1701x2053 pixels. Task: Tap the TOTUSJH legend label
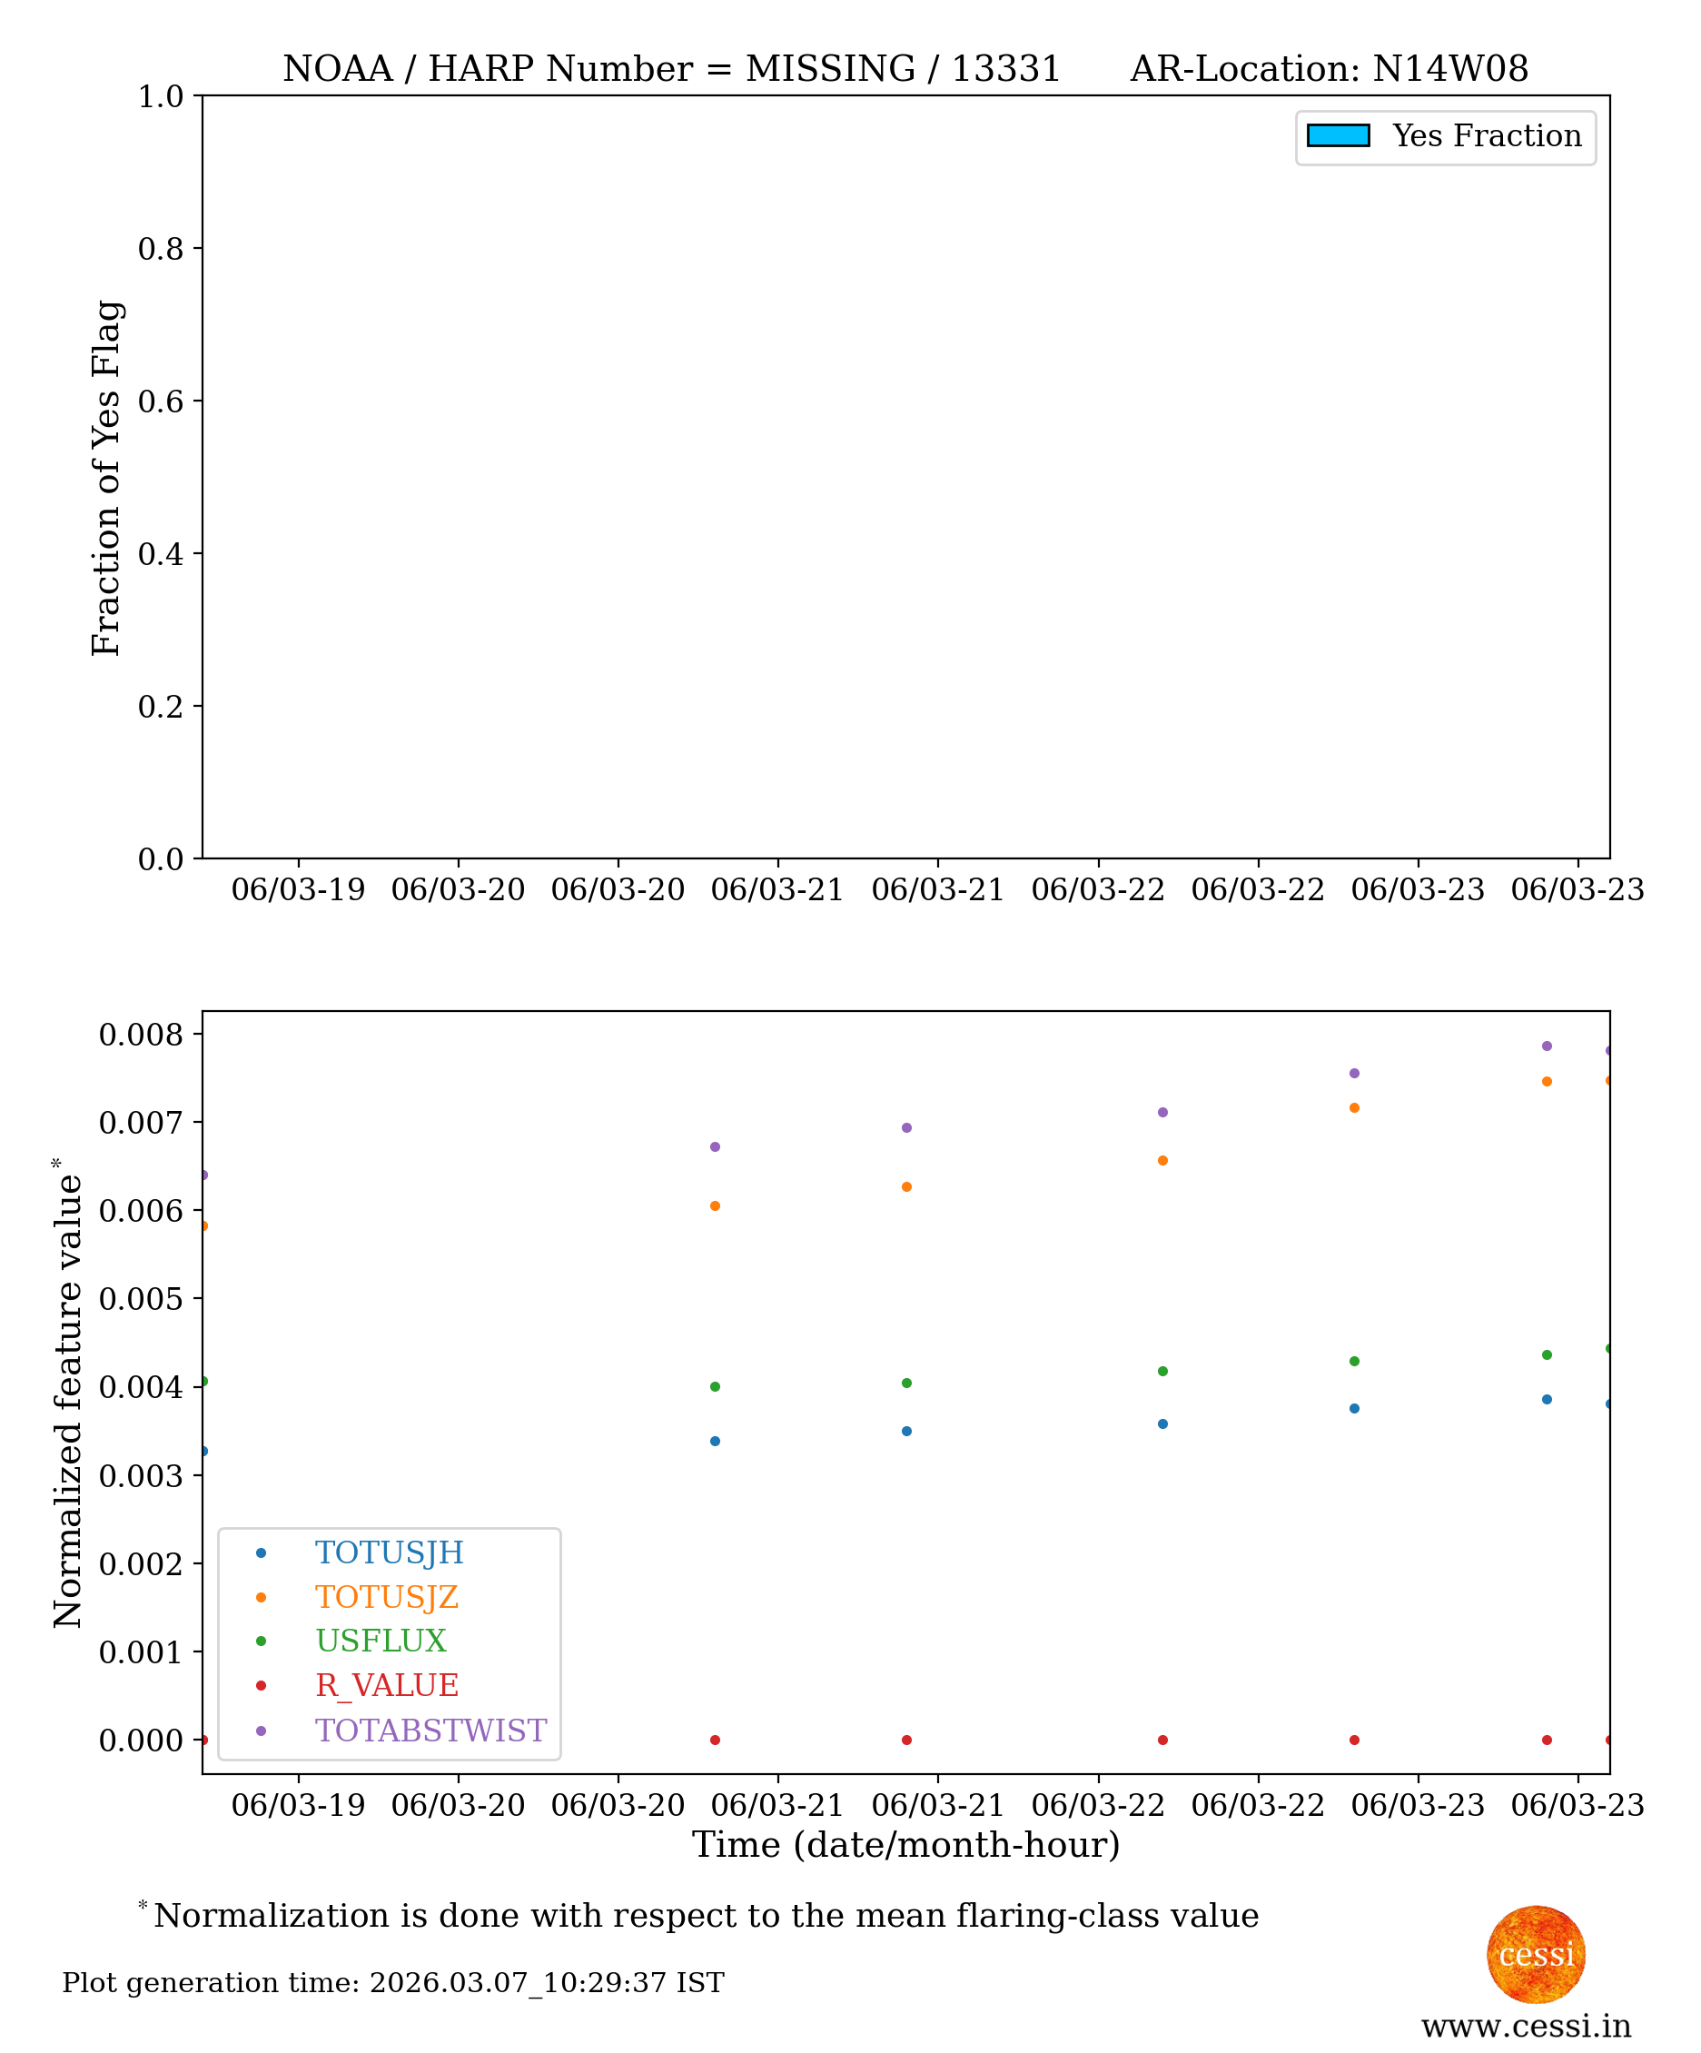point(389,1552)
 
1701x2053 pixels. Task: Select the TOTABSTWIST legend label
point(430,1731)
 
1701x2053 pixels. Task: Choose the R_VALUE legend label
point(386,1685)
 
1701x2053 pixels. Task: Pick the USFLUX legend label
point(381,1641)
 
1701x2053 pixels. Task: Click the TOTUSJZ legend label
point(386,1596)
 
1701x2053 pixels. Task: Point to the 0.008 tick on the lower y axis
point(141,1035)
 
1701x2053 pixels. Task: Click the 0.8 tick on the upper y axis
point(161,248)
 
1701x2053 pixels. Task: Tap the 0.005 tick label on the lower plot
point(141,1299)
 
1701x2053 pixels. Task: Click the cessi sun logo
point(1536,1954)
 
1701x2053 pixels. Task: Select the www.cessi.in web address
point(1526,2027)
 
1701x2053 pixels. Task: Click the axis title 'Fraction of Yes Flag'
point(106,478)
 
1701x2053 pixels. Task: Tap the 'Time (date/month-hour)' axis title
point(905,1845)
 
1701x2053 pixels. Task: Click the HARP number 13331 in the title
point(1006,69)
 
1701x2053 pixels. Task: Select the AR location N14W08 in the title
point(1450,69)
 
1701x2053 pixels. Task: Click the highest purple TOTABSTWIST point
point(1547,1046)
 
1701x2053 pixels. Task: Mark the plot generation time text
point(393,1983)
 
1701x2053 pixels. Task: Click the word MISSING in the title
point(830,69)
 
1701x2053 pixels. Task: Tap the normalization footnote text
point(706,1915)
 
